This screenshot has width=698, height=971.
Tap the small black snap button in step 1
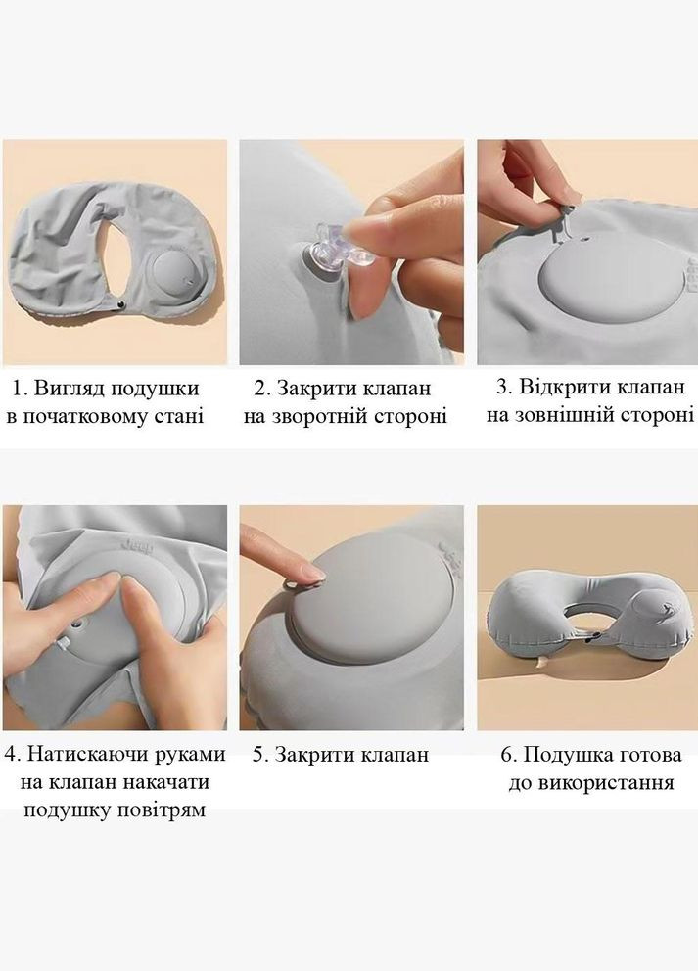tap(121, 306)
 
